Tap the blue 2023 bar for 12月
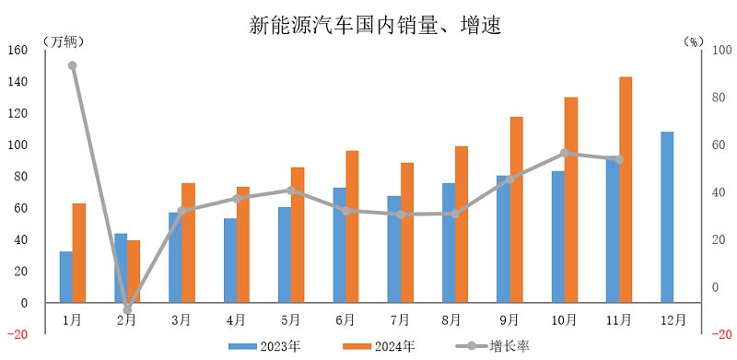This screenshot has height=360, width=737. coord(667,217)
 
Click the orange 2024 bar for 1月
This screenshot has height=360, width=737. coord(79,253)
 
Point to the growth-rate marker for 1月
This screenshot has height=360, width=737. coord(72,65)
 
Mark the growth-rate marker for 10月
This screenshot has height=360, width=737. coord(565,154)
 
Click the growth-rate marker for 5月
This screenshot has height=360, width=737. coord(291,191)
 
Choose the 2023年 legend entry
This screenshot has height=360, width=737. coord(266,346)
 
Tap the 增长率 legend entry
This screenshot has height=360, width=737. coord(493,346)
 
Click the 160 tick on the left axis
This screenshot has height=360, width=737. coord(18,51)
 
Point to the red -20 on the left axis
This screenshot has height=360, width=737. coord(18,334)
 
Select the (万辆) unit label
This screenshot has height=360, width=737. coord(63,42)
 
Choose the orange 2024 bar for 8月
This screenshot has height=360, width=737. coord(462,225)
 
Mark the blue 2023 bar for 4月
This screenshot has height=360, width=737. coord(230,261)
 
